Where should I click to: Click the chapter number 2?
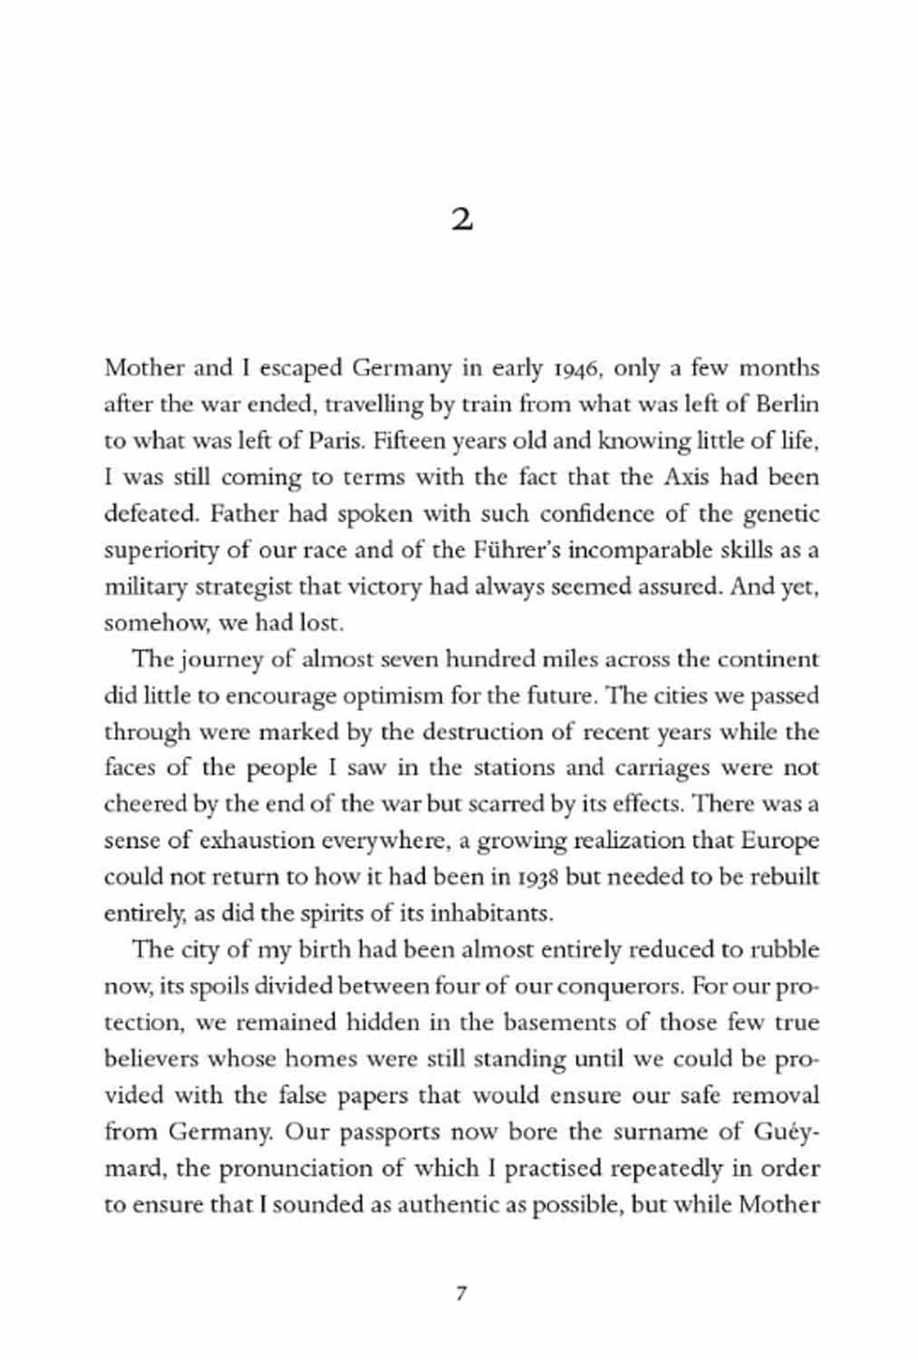461,220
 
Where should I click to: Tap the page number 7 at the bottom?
460,1294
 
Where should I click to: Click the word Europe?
779,840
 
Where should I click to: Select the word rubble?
785,950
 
